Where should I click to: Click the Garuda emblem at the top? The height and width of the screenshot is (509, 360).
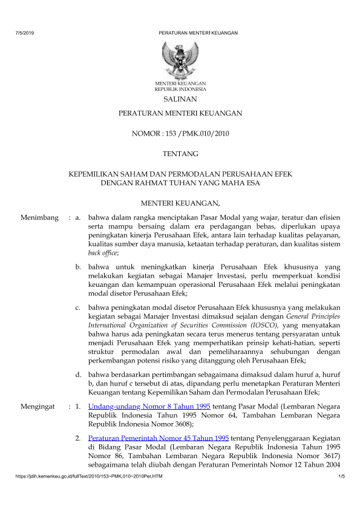pyautogui.click(x=180, y=58)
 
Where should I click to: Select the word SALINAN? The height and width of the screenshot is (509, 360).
pyautogui.click(x=180, y=99)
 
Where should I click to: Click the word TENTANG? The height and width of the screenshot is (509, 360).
pyautogui.click(x=180, y=154)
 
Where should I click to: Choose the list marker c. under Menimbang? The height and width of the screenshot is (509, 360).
pyautogui.click(x=79, y=307)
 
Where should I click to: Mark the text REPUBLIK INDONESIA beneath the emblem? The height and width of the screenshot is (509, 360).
pyautogui.click(x=180, y=88)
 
